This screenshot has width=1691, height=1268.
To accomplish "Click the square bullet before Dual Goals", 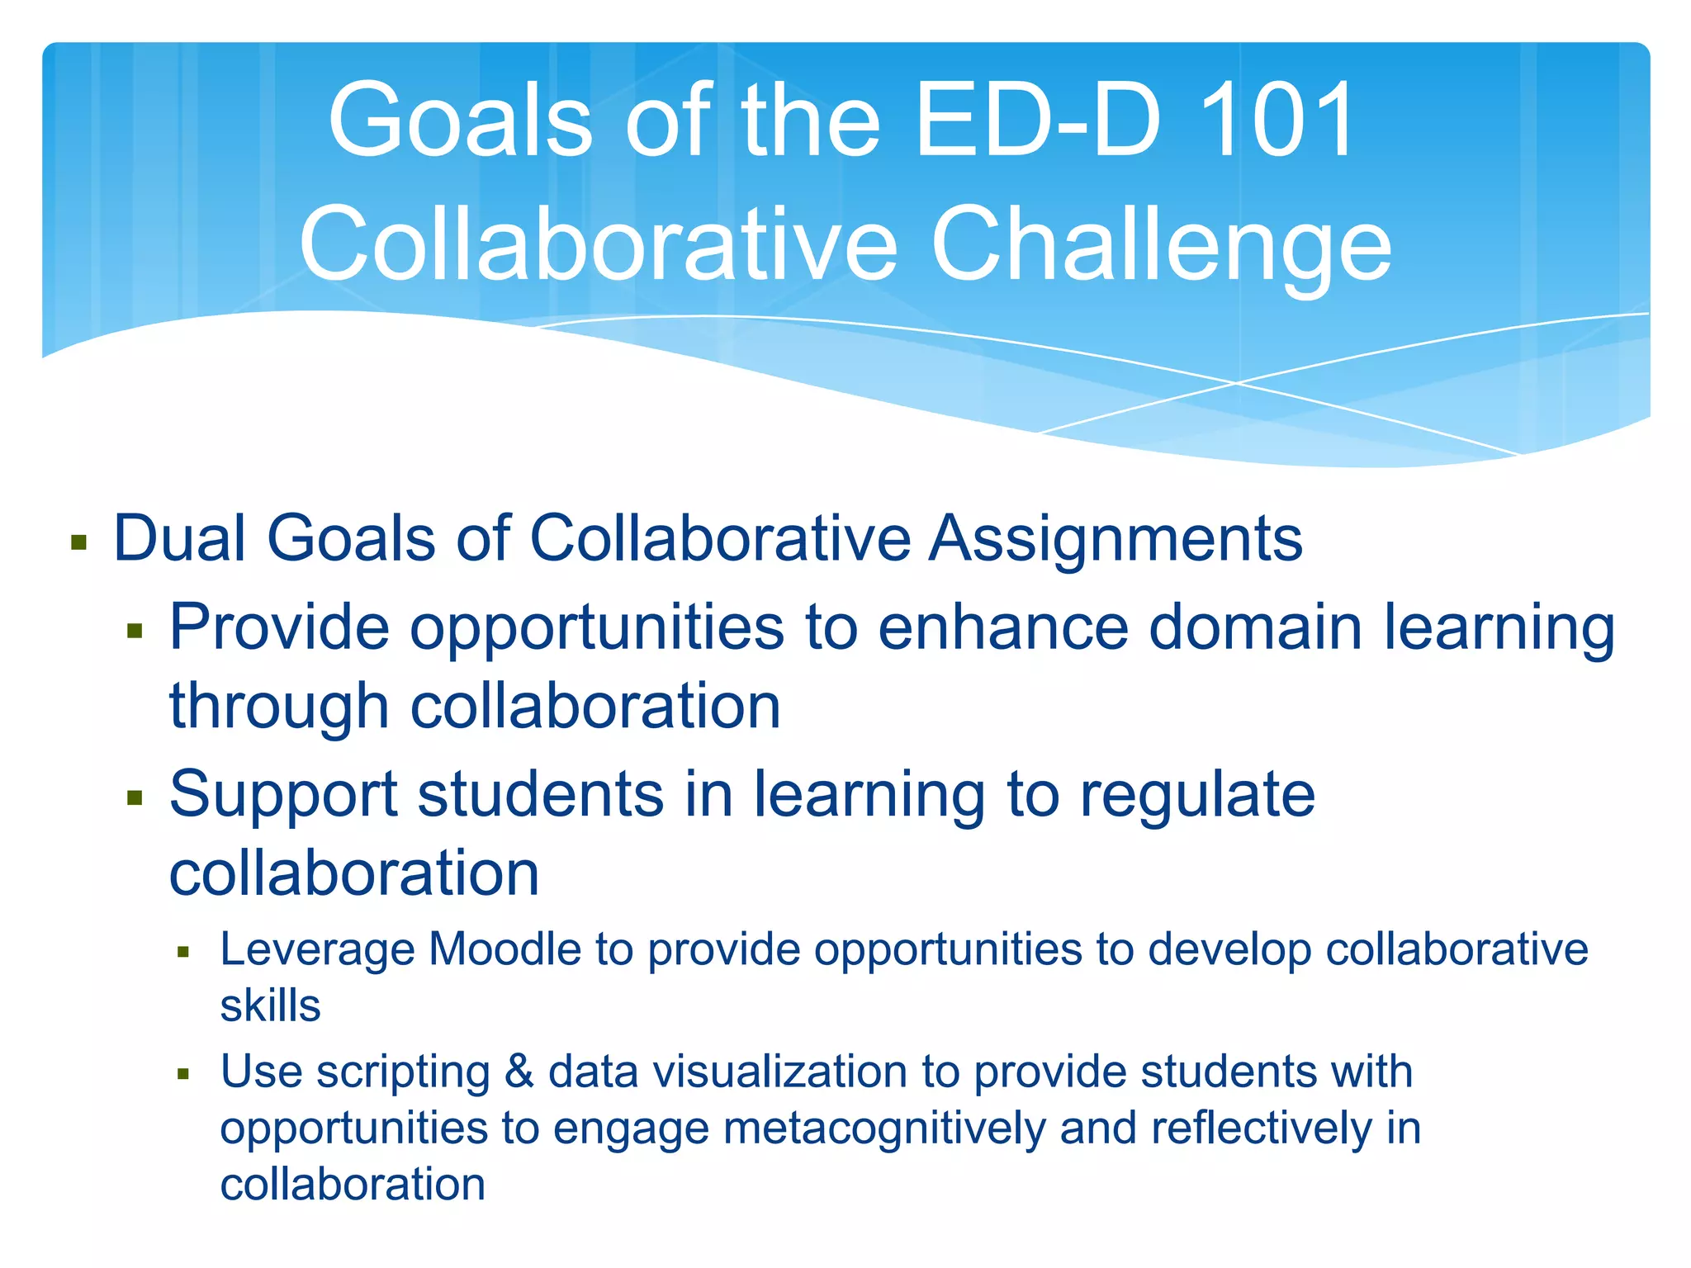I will [79, 542].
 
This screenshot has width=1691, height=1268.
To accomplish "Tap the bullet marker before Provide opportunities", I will [135, 632].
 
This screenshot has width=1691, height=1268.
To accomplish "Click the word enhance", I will [1002, 627].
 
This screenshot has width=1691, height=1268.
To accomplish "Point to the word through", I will [279, 708].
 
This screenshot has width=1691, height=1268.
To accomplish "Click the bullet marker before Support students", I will [135, 798].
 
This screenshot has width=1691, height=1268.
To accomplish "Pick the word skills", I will [270, 1006].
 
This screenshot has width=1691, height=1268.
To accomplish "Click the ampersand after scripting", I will [519, 1072].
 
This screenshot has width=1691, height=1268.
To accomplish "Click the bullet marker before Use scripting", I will [183, 1075].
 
